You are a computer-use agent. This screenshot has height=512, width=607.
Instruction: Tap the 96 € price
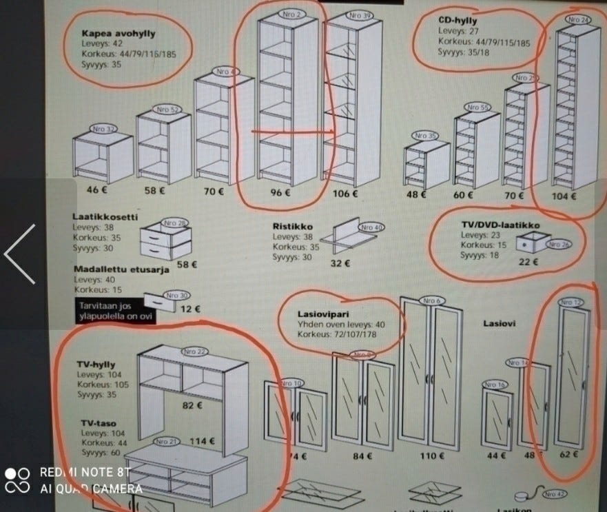277,194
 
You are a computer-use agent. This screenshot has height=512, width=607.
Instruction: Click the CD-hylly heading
458,21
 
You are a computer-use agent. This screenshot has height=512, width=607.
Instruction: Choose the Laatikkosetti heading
105,216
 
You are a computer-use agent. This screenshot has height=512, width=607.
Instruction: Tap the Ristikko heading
293,226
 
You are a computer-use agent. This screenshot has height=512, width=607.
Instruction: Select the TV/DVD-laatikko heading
500,225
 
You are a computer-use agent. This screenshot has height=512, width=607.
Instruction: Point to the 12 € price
190,309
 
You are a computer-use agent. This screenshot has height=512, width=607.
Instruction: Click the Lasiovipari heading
322,313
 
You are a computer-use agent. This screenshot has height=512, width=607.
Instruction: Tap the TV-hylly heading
96,365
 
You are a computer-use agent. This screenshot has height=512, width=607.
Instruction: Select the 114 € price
203,442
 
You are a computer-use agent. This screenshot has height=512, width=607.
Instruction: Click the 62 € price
568,454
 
